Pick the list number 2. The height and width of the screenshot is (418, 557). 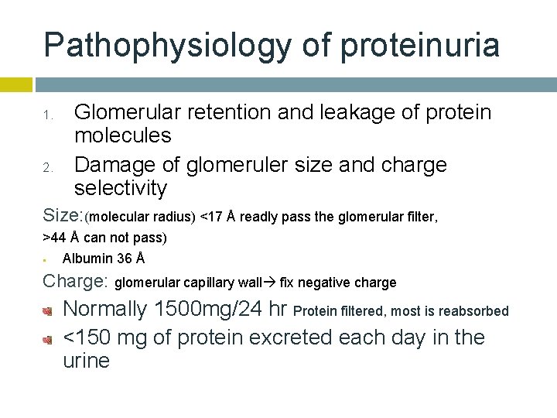47,167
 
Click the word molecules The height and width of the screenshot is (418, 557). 122,136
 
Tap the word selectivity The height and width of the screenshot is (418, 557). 121,188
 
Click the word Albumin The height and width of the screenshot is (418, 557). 87,258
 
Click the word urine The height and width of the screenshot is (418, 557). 86,361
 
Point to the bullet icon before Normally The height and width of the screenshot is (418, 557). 47,311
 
